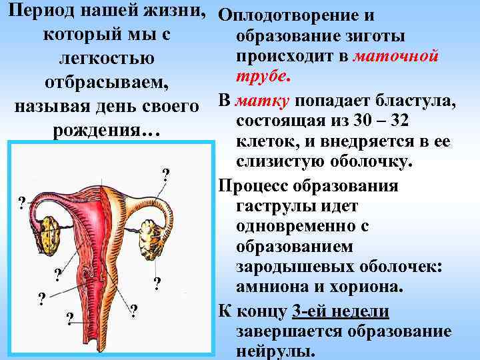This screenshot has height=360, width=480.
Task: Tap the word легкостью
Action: click(x=107, y=59)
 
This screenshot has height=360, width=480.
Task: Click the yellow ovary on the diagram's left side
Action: click(x=52, y=231)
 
